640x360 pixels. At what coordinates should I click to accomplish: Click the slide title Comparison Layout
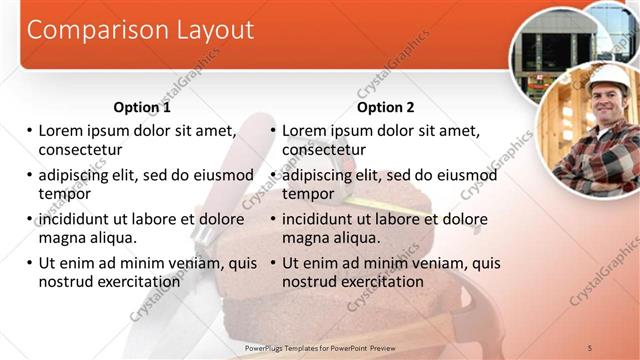click(x=139, y=30)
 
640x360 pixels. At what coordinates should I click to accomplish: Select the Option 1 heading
click(x=142, y=107)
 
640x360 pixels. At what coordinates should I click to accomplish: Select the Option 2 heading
click(x=385, y=107)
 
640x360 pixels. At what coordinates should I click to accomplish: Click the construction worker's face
click(x=607, y=102)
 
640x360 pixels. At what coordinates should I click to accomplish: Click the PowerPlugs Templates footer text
click(x=329, y=347)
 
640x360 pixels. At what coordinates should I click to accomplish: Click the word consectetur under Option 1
click(x=80, y=150)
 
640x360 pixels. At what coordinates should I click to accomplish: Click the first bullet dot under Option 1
click(x=29, y=131)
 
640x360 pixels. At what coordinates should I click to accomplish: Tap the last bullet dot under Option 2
click(x=272, y=264)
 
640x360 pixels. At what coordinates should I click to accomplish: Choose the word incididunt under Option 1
click(x=80, y=219)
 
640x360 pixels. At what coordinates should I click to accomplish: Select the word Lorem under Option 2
click(x=306, y=130)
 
